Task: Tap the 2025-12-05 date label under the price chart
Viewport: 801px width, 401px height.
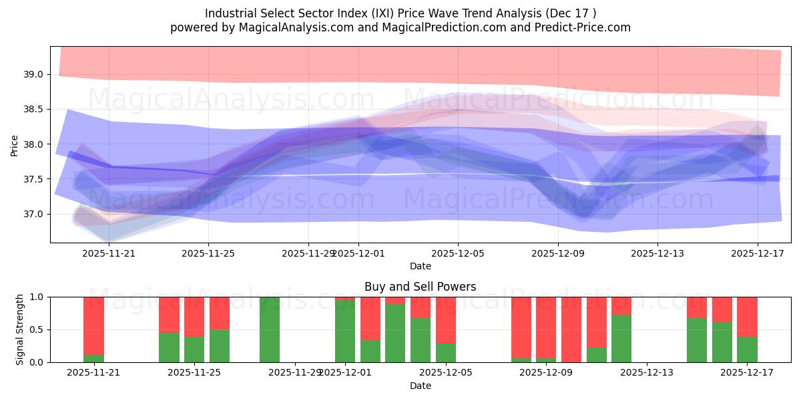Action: pyautogui.click(x=458, y=253)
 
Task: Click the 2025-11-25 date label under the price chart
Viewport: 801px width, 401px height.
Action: pyautogui.click(x=208, y=253)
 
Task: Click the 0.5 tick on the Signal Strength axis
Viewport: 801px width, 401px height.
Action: pyautogui.click(x=35, y=329)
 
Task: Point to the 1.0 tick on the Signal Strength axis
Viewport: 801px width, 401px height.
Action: pyautogui.click(x=35, y=297)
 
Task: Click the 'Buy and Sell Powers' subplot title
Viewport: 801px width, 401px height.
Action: pyautogui.click(x=420, y=287)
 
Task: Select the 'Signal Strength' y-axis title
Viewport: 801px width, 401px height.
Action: pyautogui.click(x=20, y=329)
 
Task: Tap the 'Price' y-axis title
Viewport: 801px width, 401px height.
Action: pyautogui.click(x=15, y=144)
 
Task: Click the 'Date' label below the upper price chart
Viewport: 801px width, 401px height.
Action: pyautogui.click(x=420, y=266)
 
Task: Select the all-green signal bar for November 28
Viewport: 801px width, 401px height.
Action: pyautogui.click(x=270, y=329)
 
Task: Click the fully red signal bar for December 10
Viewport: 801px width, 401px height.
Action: pyautogui.click(x=571, y=329)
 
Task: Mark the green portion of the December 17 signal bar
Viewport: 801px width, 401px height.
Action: pyautogui.click(x=747, y=350)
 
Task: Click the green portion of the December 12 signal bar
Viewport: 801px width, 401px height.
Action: pyautogui.click(x=621, y=338)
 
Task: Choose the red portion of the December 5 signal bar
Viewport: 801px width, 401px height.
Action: pyautogui.click(x=446, y=319)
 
